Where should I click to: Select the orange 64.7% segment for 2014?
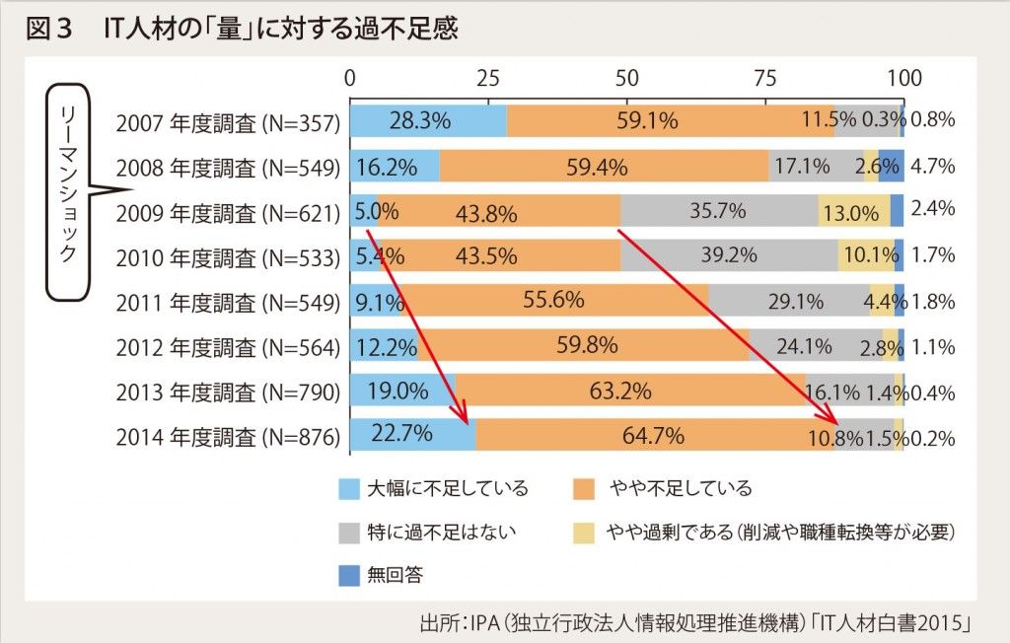coord(655,435)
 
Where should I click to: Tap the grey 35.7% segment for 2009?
coord(719,211)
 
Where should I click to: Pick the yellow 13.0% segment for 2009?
coord(853,211)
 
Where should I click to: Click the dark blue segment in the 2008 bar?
coord(891,167)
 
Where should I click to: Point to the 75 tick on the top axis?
coord(764,78)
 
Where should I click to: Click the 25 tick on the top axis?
coord(487,78)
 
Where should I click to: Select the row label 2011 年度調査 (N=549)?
coord(227,302)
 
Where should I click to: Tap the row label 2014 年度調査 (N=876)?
coord(227,436)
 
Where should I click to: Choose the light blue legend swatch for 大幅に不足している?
coord(348,488)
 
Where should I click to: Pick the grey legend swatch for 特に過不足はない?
coord(348,532)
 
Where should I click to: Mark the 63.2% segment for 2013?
coord(619,391)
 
